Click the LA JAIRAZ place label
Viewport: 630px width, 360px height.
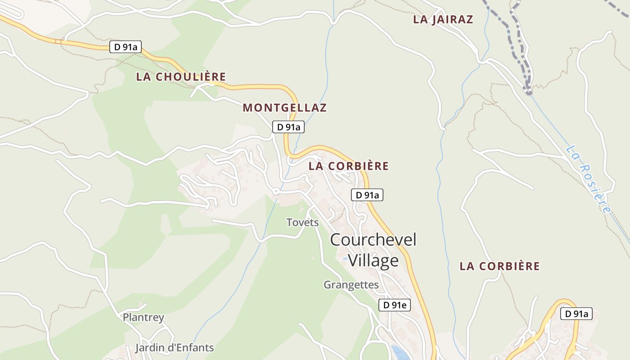[443, 19]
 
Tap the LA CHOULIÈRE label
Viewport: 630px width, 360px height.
[181, 76]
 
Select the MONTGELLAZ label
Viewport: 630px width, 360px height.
[284, 108]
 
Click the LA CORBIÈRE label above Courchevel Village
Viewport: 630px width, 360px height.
[348, 166]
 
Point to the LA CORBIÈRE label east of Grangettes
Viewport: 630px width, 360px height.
[499, 266]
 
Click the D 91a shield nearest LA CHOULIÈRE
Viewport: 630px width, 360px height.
[126, 47]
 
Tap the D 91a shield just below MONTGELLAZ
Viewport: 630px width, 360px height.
[288, 127]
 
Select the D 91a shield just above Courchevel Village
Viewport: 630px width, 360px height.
[367, 195]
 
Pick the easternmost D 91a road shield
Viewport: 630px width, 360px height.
[576, 314]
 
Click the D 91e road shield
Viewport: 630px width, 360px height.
[394, 305]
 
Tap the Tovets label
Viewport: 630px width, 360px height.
[302, 222]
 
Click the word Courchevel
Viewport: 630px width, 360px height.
[373, 239]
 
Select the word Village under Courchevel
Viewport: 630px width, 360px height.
[373, 261]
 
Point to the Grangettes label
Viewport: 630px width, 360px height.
[351, 285]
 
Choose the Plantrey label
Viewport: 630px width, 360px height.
[144, 317]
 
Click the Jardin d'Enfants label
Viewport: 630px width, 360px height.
[175, 348]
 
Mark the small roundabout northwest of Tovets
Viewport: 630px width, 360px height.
[276, 192]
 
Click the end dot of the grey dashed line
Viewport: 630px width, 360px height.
[528, 93]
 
